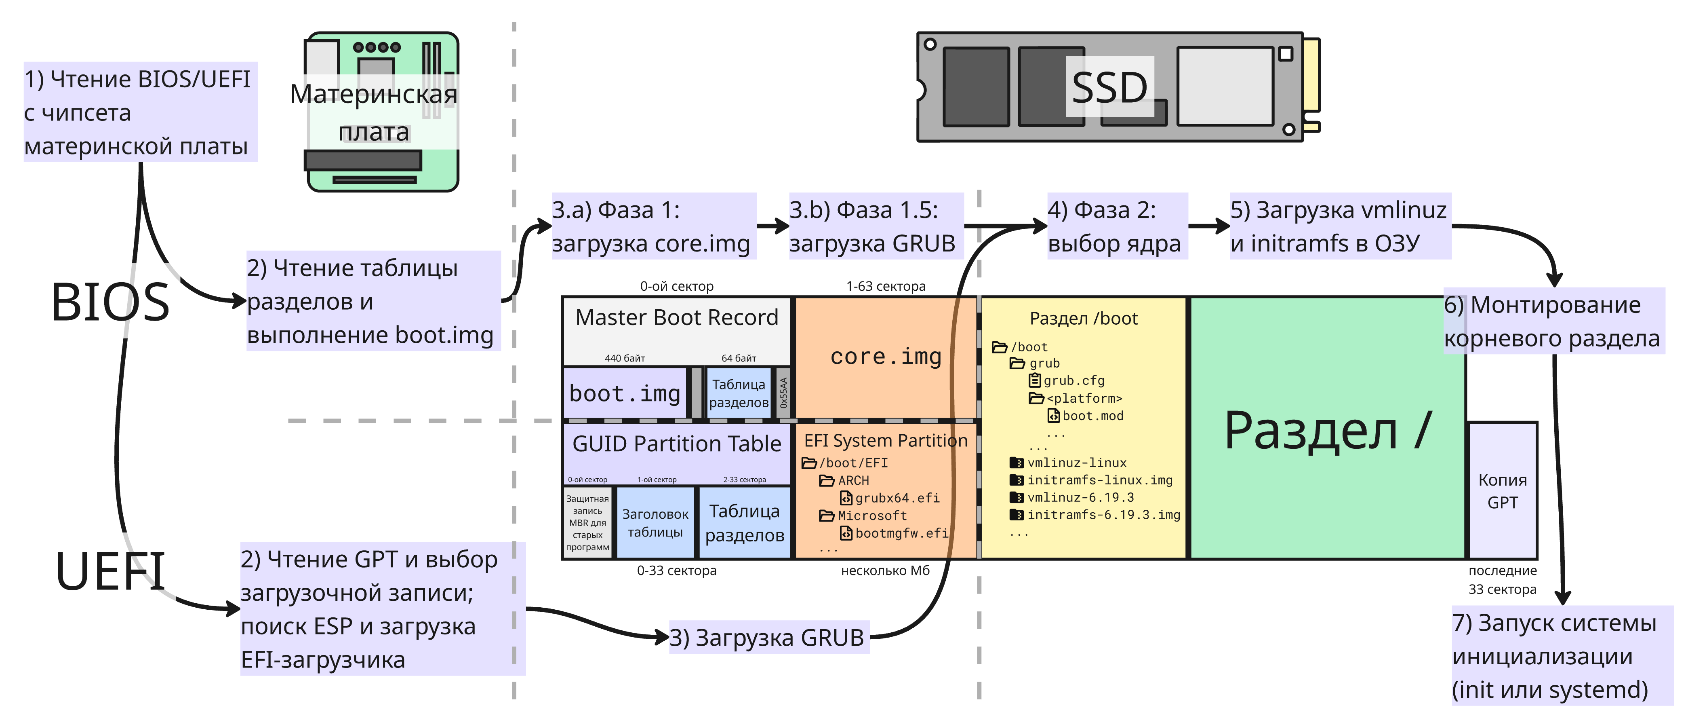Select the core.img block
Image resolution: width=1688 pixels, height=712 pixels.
click(885, 357)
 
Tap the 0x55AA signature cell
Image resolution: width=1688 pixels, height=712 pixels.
click(783, 393)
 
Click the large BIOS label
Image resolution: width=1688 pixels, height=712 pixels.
click(110, 303)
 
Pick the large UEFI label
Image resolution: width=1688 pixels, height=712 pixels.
click(110, 572)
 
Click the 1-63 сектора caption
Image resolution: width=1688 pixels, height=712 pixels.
click(885, 287)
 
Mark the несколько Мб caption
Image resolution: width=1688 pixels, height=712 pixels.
click(885, 570)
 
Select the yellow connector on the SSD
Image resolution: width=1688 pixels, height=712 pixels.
click(1311, 75)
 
